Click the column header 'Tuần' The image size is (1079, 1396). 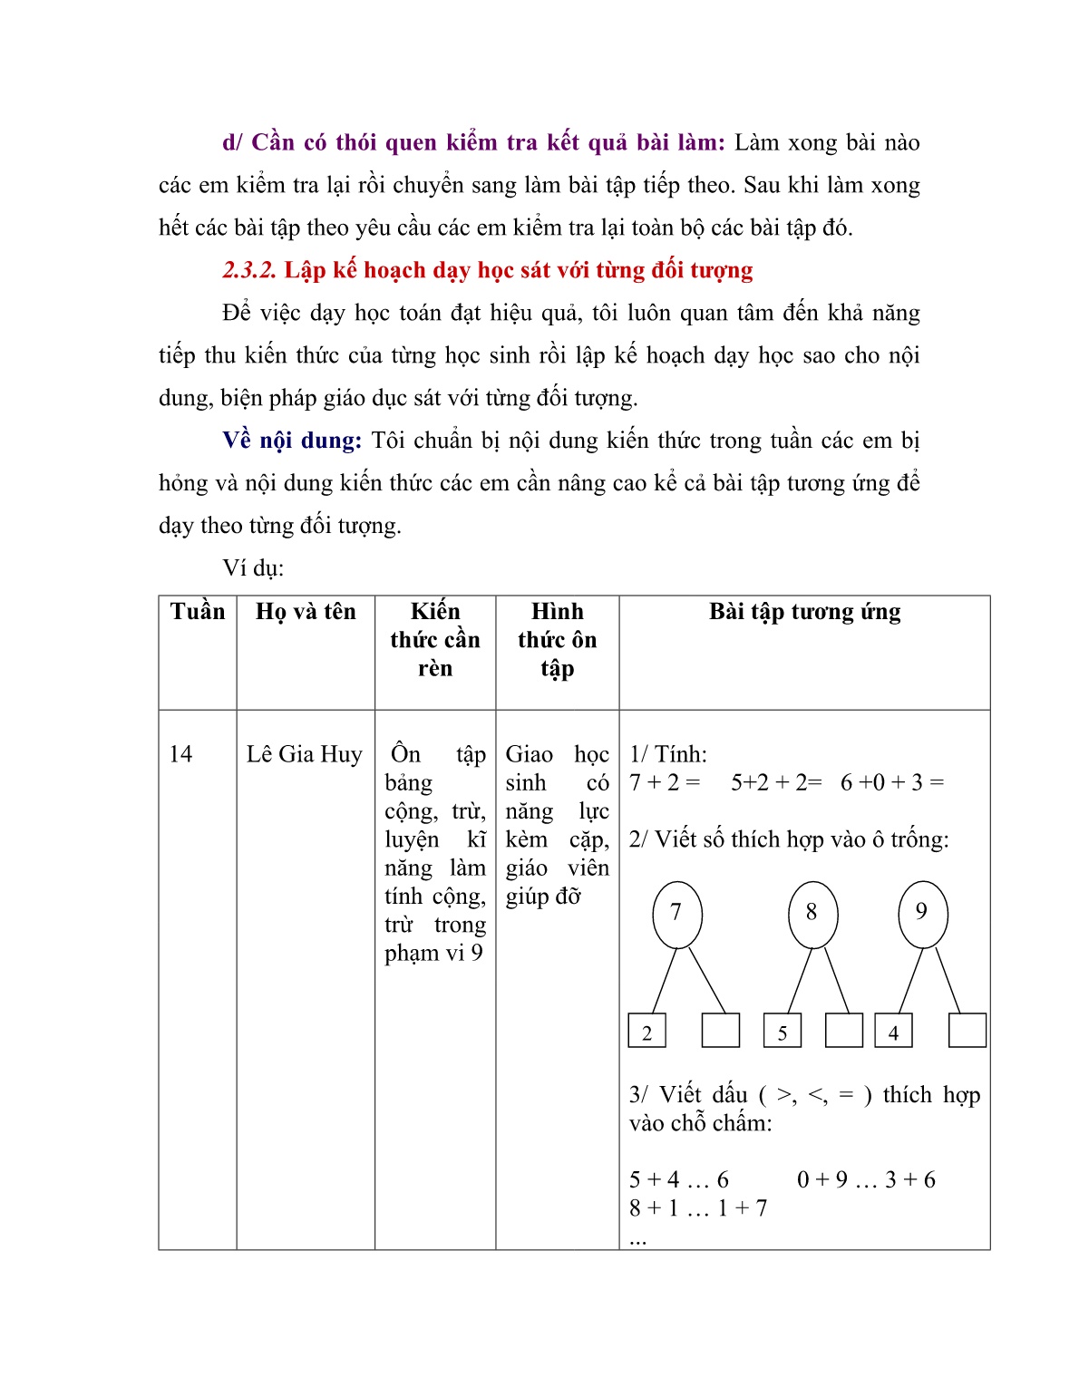coord(197,612)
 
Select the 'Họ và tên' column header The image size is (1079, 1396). coord(306,612)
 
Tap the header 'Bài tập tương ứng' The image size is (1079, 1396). coord(804,612)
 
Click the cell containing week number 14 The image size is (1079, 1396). coord(180,754)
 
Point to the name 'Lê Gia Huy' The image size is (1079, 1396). coord(304,754)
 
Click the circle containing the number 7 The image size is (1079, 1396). coord(676,914)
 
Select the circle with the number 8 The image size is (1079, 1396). coord(812,914)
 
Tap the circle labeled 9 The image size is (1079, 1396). coord(922,914)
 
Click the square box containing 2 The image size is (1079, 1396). coord(646,1032)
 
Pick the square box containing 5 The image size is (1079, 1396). coord(783,1032)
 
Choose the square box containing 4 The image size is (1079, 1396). coord(893,1032)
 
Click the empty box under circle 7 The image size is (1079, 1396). coord(721,1031)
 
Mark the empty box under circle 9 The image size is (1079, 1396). coord(967,1031)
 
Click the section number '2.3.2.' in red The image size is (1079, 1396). coord(249,270)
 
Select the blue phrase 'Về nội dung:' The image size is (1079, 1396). coord(292,441)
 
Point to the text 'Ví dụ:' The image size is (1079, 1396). coord(253,568)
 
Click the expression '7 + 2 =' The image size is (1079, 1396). coord(665,782)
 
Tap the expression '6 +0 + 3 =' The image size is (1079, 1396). coord(892,782)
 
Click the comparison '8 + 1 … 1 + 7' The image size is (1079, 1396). coord(698,1208)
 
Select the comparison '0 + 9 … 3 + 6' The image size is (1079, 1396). coord(866,1179)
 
